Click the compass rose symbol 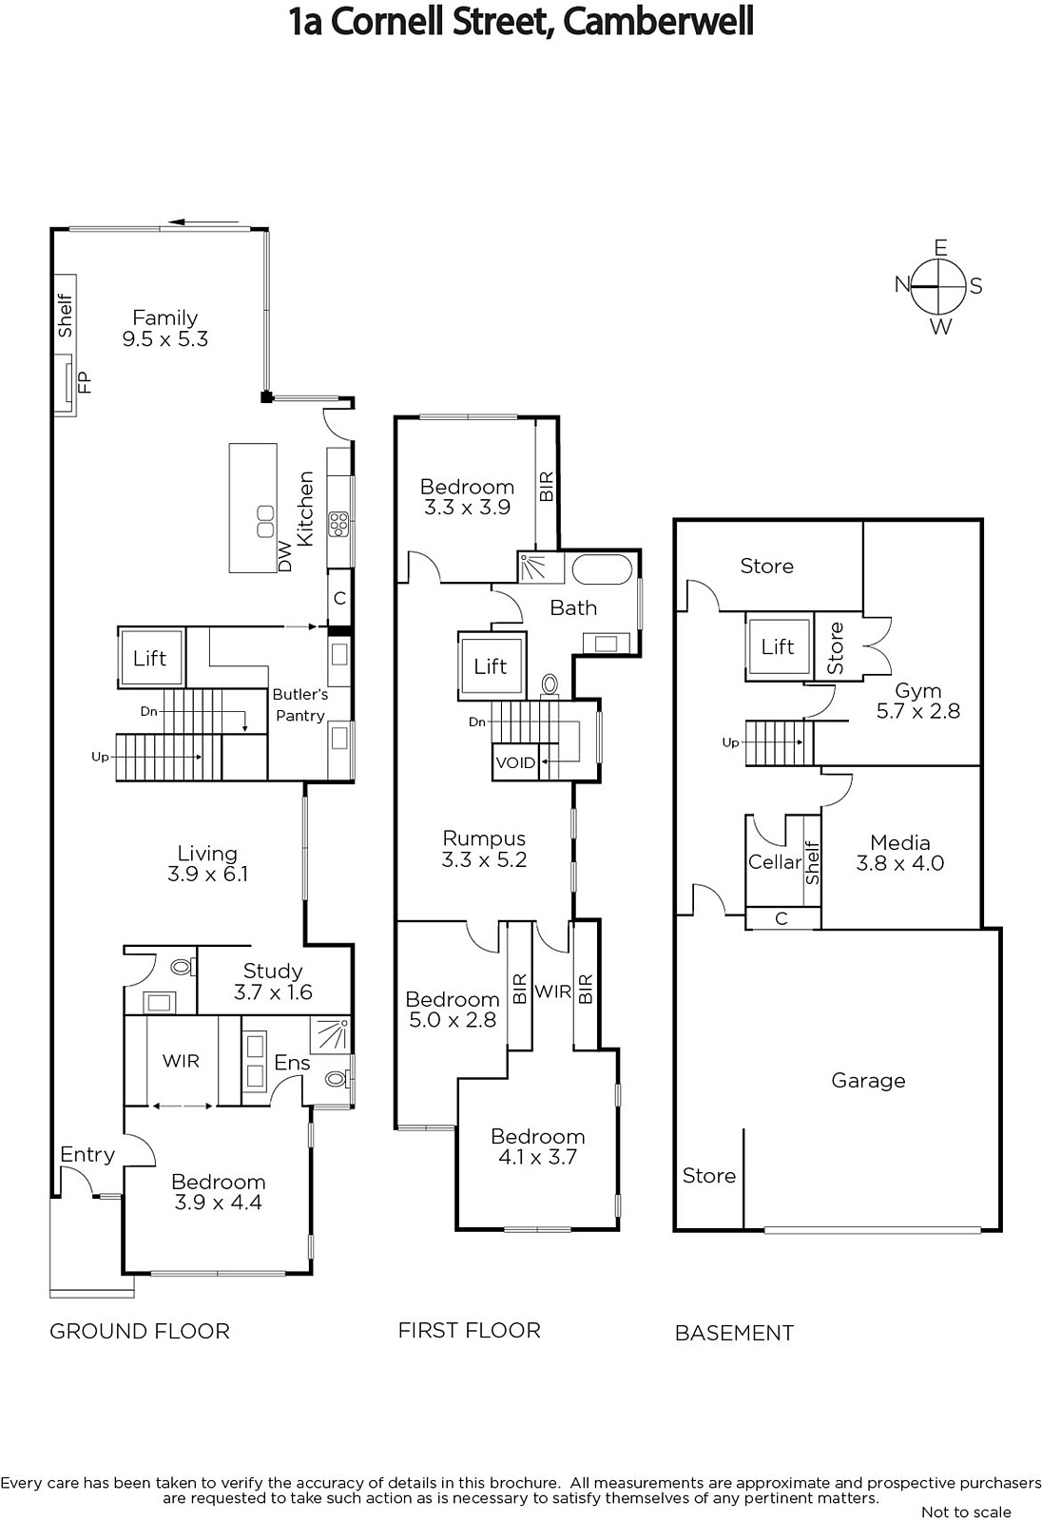point(938,286)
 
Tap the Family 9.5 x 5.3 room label point(165,328)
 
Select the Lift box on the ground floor point(150,658)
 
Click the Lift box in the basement point(778,646)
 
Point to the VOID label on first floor point(515,762)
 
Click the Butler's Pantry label point(300,704)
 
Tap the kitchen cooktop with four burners point(338,525)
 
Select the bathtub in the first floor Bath point(602,569)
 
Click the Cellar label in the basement point(774,861)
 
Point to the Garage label point(868,1080)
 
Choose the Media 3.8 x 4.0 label point(900,853)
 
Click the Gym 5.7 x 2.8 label point(917,701)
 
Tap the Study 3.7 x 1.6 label point(273,981)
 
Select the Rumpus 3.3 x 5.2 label point(484,849)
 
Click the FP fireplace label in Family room point(85,382)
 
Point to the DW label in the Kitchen point(284,557)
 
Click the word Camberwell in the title point(658,23)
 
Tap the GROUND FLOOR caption point(140,1332)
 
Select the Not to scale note point(966,1512)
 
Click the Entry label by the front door point(87,1154)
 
